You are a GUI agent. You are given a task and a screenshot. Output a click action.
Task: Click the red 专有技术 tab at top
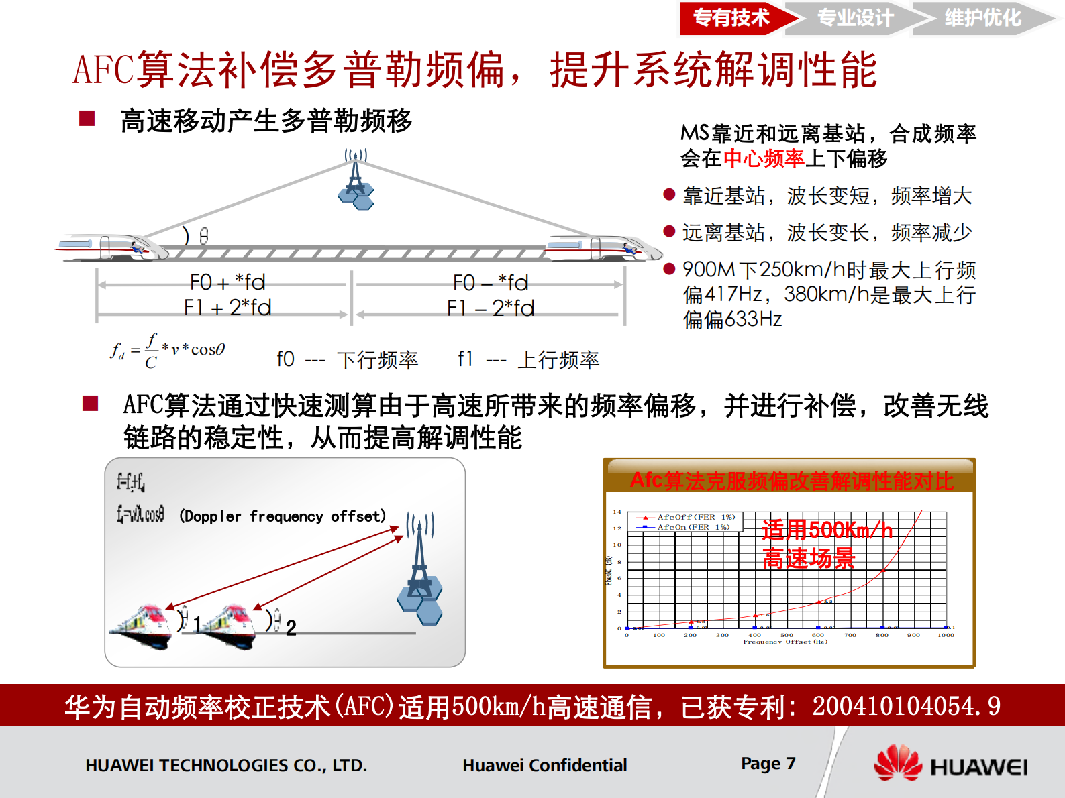point(731,18)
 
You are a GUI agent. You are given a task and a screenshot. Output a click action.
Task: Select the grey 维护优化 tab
point(982,18)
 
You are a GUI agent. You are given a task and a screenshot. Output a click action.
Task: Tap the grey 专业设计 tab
point(854,18)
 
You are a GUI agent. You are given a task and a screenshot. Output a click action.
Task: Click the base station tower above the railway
point(356,181)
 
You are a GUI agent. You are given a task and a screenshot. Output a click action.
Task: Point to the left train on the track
point(111,247)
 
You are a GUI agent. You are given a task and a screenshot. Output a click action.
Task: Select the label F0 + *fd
point(227,282)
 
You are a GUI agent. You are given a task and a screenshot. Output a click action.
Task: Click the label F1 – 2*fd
point(491,308)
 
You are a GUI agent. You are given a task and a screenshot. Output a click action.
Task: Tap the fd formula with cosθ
point(168,350)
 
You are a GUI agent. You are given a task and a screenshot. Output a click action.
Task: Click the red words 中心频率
point(763,159)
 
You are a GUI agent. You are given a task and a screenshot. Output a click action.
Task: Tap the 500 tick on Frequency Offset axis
point(787,635)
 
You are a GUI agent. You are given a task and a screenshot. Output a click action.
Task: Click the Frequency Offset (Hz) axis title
point(785,642)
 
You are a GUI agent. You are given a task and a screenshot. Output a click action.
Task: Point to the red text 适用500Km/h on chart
point(827,530)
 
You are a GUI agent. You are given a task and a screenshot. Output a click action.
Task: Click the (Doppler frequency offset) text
point(283,516)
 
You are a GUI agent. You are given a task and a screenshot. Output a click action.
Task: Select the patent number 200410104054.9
point(905,706)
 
